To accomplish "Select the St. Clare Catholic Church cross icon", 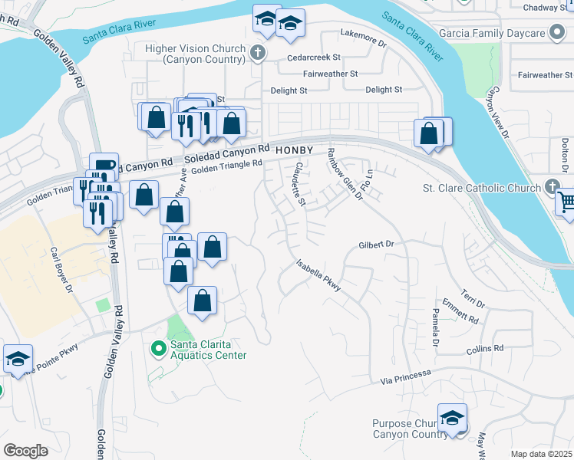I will [551, 187].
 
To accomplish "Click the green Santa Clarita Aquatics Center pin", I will [159, 349].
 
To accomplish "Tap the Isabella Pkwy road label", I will [318, 275].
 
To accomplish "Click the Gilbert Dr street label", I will [376, 245].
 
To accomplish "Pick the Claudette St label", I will [295, 185].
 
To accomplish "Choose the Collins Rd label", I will [485, 348].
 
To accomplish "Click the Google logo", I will [25, 451].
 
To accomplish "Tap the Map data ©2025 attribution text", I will [541, 454].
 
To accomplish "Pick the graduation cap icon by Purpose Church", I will [452, 418].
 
